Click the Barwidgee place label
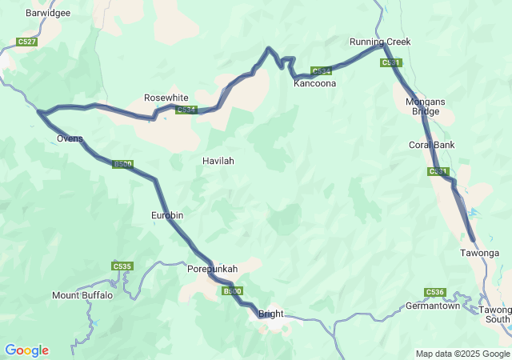click(x=49, y=14)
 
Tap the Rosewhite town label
click(x=166, y=98)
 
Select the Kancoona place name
click(x=314, y=83)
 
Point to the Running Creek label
click(x=379, y=42)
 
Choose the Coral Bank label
click(x=431, y=145)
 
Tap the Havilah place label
click(x=218, y=161)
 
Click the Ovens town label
click(x=70, y=138)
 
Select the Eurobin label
click(x=167, y=215)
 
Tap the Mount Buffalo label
click(x=82, y=295)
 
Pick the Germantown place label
click(x=433, y=306)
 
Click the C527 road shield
click(x=26, y=42)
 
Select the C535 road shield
click(x=122, y=266)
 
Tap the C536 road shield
click(x=434, y=292)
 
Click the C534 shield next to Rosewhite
click(x=186, y=110)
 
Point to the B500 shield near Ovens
click(x=122, y=164)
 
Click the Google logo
click(x=26, y=350)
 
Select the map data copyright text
click(x=462, y=354)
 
